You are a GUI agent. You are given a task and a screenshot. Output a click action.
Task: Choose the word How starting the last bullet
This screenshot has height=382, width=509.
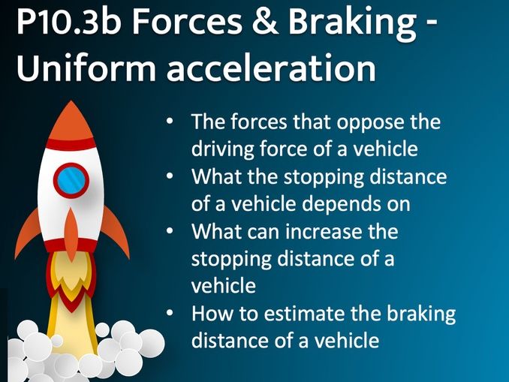point(211,314)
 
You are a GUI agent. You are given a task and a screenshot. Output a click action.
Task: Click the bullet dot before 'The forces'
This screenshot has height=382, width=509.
point(171,122)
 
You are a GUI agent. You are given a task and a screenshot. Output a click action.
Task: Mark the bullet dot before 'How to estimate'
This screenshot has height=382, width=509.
point(171,314)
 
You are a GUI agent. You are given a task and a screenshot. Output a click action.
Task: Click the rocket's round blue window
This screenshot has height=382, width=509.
point(71,180)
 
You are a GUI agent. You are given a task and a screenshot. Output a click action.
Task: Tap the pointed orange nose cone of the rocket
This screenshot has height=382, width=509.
point(71,120)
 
